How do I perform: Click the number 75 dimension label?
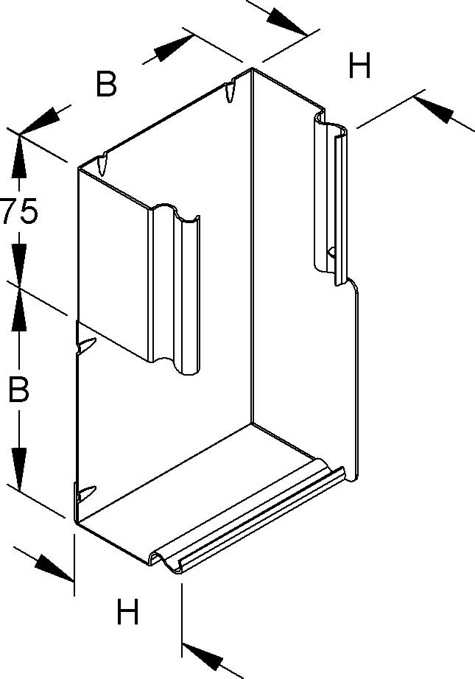(x=18, y=212)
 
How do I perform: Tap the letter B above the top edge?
(x=107, y=85)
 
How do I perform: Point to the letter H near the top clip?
(x=359, y=68)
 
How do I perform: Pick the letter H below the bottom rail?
(x=128, y=612)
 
